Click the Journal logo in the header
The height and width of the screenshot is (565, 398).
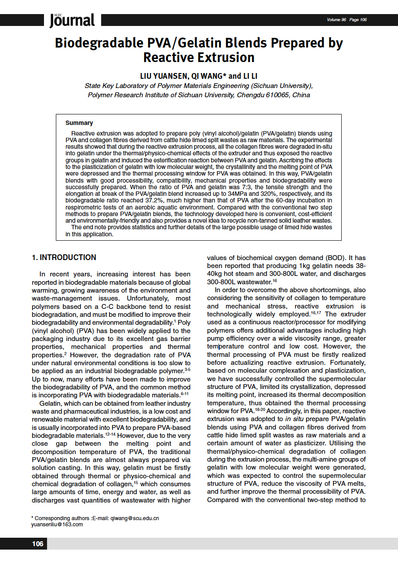pyautogui.click(x=72, y=20)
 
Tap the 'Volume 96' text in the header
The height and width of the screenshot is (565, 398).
pyautogui.click(x=336, y=20)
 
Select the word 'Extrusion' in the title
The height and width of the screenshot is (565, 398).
pyautogui.click(x=226, y=58)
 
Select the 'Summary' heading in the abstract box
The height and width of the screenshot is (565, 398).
pyautogui.click(x=79, y=123)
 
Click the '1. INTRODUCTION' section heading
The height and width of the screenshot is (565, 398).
pyautogui.click(x=64, y=257)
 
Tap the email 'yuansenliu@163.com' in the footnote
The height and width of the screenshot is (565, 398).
pyautogui.click(x=57, y=524)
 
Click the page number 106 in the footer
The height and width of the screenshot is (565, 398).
pyautogui.click(x=38, y=544)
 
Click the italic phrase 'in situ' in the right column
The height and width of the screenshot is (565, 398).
pyautogui.click(x=288, y=419)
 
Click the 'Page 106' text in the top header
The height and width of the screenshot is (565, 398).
pyautogui.click(x=358, y=20)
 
